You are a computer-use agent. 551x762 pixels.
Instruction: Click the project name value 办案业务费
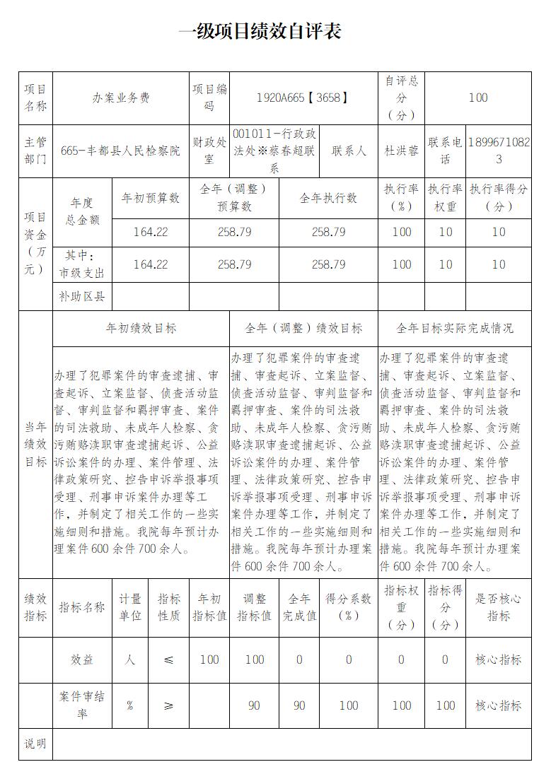[121, 98]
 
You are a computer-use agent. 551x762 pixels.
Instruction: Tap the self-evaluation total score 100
[478, 98]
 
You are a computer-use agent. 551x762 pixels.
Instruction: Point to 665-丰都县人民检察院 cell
[120, 151]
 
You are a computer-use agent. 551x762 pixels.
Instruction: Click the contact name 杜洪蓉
[401, 151]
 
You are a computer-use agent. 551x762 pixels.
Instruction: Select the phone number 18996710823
[499, 151]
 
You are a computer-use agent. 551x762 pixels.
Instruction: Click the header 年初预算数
[151, 198]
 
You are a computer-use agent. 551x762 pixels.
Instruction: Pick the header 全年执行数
[328, 198]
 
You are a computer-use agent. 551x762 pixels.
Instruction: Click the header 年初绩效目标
[141, 329]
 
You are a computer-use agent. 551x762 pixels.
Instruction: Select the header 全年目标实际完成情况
[455, 329]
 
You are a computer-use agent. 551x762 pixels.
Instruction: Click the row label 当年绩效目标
[36, 444]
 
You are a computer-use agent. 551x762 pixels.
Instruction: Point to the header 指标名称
[81, 607]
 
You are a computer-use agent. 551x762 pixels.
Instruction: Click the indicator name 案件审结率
[81, 705]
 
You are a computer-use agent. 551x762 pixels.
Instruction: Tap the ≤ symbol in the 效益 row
[168, 660]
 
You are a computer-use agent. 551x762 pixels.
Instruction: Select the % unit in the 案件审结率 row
[130, 705]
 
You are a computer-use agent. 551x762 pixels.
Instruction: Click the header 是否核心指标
[498, 607]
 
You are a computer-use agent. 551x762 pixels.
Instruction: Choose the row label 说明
[36, 744]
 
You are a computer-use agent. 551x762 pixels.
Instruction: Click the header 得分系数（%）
[348, 607]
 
